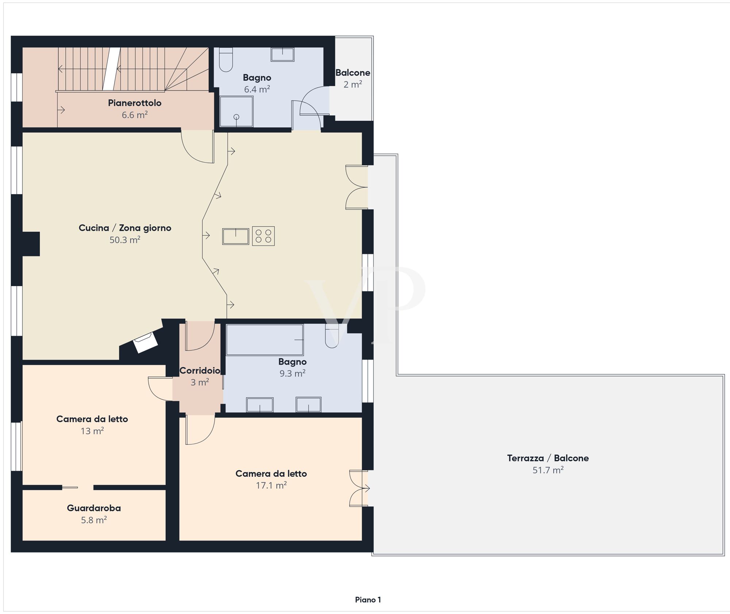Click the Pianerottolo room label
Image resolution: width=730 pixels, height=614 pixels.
pos(135,103)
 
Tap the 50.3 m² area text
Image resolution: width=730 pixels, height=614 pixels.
pos(125,240)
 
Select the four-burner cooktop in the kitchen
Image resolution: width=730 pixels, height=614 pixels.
pos(263,236)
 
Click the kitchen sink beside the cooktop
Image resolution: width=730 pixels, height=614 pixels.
pos(236,236)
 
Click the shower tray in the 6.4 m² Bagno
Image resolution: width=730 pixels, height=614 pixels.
pos(236,111)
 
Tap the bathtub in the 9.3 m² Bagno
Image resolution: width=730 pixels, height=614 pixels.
pos(265,340)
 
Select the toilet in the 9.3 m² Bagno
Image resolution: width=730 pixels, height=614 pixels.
pos(332,336)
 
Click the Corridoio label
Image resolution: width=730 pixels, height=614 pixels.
pos(200,371)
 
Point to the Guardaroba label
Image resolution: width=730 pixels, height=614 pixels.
pos(94,508)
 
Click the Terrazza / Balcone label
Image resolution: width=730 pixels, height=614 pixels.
pos(548,458)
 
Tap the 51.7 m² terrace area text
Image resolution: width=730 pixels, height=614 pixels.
pos(548,470)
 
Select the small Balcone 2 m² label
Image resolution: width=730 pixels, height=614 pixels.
pos(353,78)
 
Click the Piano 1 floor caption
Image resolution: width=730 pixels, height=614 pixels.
pos(368,600)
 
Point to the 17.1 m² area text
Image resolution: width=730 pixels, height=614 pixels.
pos(271,486)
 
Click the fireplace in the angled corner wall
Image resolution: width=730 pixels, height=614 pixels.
pos(145,343)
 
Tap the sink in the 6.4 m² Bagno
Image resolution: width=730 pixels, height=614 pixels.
pos(283,54)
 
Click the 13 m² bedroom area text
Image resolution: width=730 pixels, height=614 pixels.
pos(92,431)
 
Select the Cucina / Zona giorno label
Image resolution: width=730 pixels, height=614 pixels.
pos(125,228)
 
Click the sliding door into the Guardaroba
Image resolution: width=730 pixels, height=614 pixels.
pos(70,487)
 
